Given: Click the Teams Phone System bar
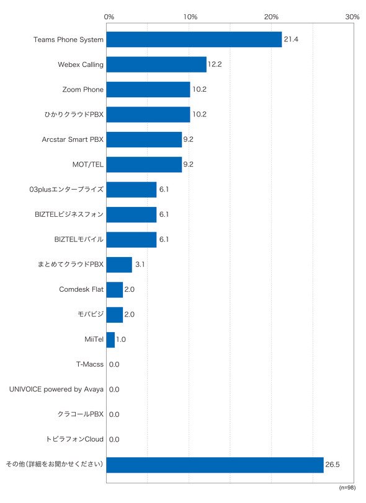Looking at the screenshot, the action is [x=194, y=40].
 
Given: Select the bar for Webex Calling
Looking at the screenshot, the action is [x=156, y=64].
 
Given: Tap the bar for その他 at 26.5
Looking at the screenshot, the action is [x=215, y=465].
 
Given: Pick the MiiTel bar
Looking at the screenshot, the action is [x=110, y=339].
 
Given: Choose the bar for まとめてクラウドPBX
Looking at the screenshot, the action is [x=119, y=265].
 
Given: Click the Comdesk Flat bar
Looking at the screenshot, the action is [x=115, y=290].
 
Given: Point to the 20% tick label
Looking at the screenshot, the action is [x=271, y=17].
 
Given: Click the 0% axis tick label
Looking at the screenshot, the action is [x=109, y=17].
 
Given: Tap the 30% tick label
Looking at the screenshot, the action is [x=352, y=17].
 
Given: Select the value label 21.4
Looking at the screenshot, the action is [x=291, y=39].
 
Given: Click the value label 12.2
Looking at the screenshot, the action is [x=215, y=64].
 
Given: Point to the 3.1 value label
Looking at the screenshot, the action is [x=140, y=265].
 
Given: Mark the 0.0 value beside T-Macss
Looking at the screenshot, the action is [x=114, y=364].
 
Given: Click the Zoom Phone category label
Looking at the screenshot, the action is [x=83, y=89].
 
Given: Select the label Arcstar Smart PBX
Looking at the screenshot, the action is [x=73, y=139].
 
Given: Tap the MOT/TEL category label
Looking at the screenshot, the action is [x=87, y=165].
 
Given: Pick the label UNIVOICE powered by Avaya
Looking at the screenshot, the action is [x=56, y=390].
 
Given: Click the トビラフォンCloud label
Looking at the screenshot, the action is [x=74, y=439].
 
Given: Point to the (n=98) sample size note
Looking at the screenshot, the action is [x=347, y=488].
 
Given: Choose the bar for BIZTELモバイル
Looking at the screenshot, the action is [x=132, y=240].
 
